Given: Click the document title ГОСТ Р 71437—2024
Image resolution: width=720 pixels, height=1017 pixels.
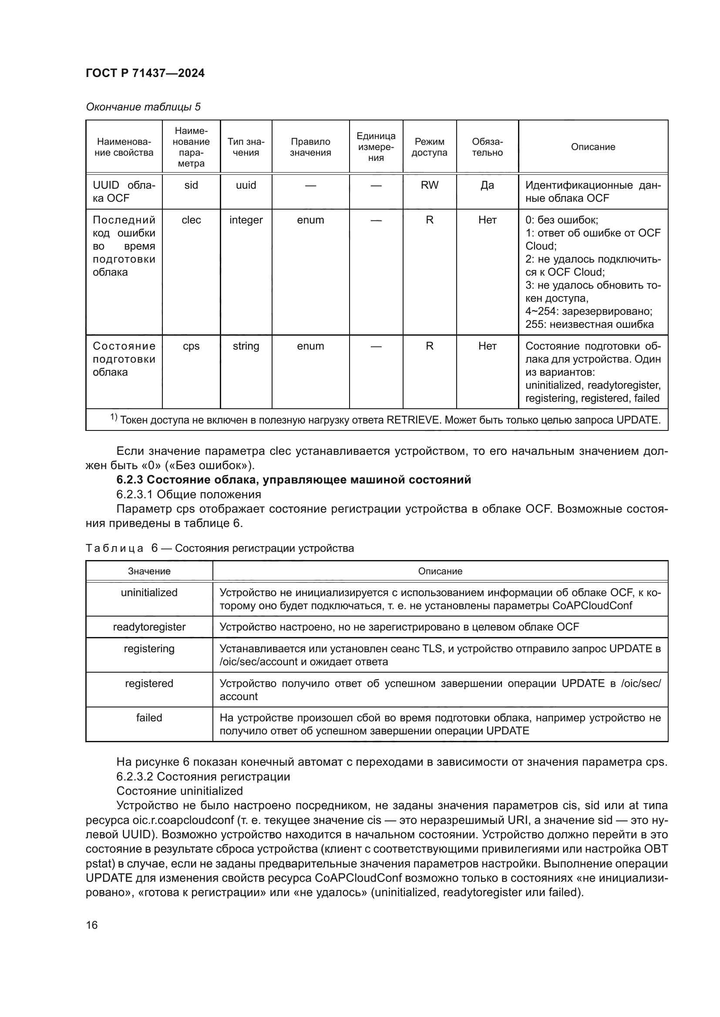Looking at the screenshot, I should [x=145, y=73].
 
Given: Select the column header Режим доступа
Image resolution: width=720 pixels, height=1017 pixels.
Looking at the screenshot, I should [x=429, y=147].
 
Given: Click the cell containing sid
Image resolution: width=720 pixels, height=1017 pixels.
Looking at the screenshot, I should [x=191, y=185].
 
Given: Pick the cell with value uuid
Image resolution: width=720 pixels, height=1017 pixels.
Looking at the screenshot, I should [x=246, y=185].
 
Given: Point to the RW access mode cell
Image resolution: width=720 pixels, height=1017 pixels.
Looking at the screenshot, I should [x=429, y=185].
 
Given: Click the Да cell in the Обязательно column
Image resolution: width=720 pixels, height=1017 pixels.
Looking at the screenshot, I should [x=487, y=185].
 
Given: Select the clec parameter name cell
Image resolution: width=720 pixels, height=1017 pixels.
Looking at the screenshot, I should [x=191, y=220].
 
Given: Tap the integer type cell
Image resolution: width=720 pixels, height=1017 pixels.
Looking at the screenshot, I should [x=246, y=220].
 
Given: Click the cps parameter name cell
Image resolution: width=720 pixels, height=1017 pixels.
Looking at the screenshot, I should [x=191, y=346].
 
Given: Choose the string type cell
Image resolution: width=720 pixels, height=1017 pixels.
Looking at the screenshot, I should [x=246, y=346].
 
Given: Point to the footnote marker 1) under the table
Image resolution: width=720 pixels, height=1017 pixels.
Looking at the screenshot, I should [x=114, y=417].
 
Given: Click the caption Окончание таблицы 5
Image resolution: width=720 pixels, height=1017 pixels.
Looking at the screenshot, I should [x=143, y=107].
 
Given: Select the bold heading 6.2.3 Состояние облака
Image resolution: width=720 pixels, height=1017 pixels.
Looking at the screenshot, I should [x=293, y=480].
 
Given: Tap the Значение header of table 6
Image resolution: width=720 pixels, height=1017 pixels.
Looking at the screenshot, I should [x=149, y=571].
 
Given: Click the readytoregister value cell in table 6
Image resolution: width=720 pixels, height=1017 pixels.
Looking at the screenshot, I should [x=149, y=627].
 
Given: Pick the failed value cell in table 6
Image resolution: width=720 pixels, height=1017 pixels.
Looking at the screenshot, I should [x=149, y=717].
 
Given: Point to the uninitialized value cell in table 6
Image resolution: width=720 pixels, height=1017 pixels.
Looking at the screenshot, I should [x=149, y=593].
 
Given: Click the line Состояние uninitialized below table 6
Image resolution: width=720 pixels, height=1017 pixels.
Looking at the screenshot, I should [x=179, y=791].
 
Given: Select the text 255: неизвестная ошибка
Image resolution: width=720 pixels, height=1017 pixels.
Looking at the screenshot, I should [x=589, y=324].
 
